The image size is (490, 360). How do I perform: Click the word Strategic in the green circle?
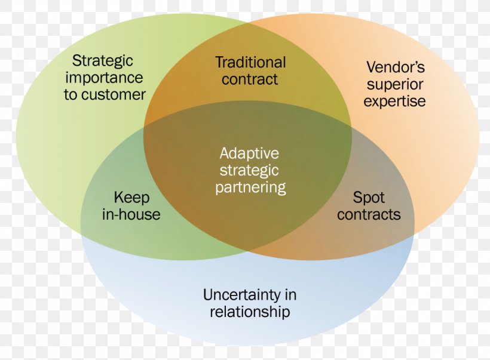103,61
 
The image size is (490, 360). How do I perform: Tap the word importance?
104,78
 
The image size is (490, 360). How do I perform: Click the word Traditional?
250,62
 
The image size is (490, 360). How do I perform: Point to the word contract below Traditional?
250,79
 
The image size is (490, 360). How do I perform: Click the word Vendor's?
396,67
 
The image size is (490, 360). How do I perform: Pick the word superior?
395,85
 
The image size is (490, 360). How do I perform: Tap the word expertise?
394,101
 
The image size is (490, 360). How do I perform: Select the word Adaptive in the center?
249,154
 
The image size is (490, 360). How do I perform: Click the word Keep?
131,198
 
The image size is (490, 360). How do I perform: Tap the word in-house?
131,214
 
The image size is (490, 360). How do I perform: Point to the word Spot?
369,198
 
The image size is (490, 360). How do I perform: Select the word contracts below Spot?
369,215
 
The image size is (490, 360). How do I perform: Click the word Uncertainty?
242,295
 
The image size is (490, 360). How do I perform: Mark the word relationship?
250,312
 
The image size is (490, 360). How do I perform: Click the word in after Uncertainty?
290,295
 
